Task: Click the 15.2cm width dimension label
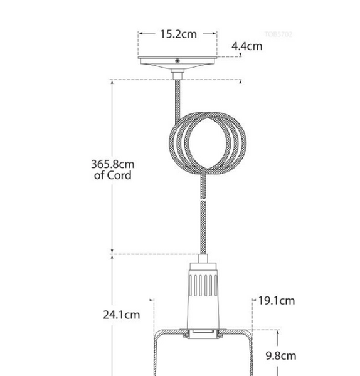178,34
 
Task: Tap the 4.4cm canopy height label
246,46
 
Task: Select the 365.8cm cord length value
113,164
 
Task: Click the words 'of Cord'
113,176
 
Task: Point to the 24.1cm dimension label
121,315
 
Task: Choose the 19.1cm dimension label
277,301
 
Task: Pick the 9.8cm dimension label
280,356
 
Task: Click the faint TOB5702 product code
278,34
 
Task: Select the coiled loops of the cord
208,144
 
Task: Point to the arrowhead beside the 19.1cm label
255,301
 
